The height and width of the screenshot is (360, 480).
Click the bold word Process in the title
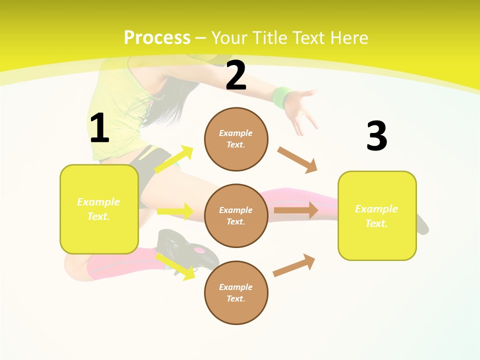click(157, 38)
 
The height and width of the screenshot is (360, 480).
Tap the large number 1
click(99, 128)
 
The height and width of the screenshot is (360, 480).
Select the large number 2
click(236, 75)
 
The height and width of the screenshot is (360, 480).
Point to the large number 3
click(376, 136)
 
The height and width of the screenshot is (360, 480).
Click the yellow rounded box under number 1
click(99, 209)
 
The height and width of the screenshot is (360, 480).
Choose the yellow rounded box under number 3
click(377, 216)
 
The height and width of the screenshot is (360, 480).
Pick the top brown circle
click(236, 139)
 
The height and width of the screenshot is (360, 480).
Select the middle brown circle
click(236, 215)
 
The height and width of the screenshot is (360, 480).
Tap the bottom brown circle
click(236, 292)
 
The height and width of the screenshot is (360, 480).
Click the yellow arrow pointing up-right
click(173, 159)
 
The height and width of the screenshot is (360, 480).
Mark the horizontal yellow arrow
click(175, 211)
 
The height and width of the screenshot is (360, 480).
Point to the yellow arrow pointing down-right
click(175, 266)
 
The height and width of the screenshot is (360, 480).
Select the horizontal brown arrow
click(295, 210)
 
